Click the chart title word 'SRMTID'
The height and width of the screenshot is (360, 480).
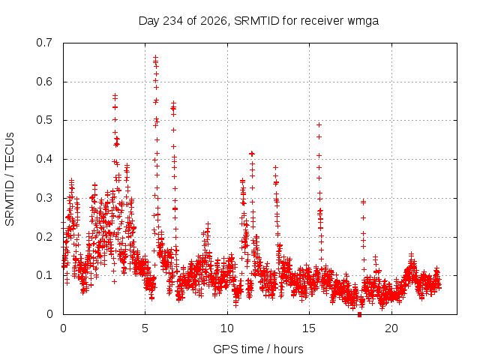tap(256, 21)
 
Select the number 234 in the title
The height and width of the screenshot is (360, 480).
tap(173, 21)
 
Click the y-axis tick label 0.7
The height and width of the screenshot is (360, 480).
tap(45, 43)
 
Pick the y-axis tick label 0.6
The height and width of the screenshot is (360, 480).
tap(45, 82)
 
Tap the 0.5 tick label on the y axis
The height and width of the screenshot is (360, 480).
tap(45, 120)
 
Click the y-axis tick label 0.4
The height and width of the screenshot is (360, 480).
tap(45, 159)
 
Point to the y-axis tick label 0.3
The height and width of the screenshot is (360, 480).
tap(45, 198)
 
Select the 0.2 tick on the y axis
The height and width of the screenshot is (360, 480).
tap(45, 237)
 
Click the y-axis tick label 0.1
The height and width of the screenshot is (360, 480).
tap(45, 275)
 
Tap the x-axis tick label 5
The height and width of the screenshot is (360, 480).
tap(145, 328)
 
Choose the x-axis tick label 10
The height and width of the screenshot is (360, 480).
tap(227, 328)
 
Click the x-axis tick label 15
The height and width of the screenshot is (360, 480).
tap(309, 328)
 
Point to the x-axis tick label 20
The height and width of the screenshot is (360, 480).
tap(391, 328)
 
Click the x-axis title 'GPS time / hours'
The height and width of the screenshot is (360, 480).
tap(258, 349)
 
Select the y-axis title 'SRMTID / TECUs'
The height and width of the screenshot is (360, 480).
tap(10, 179)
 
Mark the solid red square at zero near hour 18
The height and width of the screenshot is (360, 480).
tap(360, 314)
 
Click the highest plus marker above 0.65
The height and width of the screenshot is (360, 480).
tap(155, 57)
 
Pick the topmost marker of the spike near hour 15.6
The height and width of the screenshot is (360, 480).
tap(319, 125)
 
